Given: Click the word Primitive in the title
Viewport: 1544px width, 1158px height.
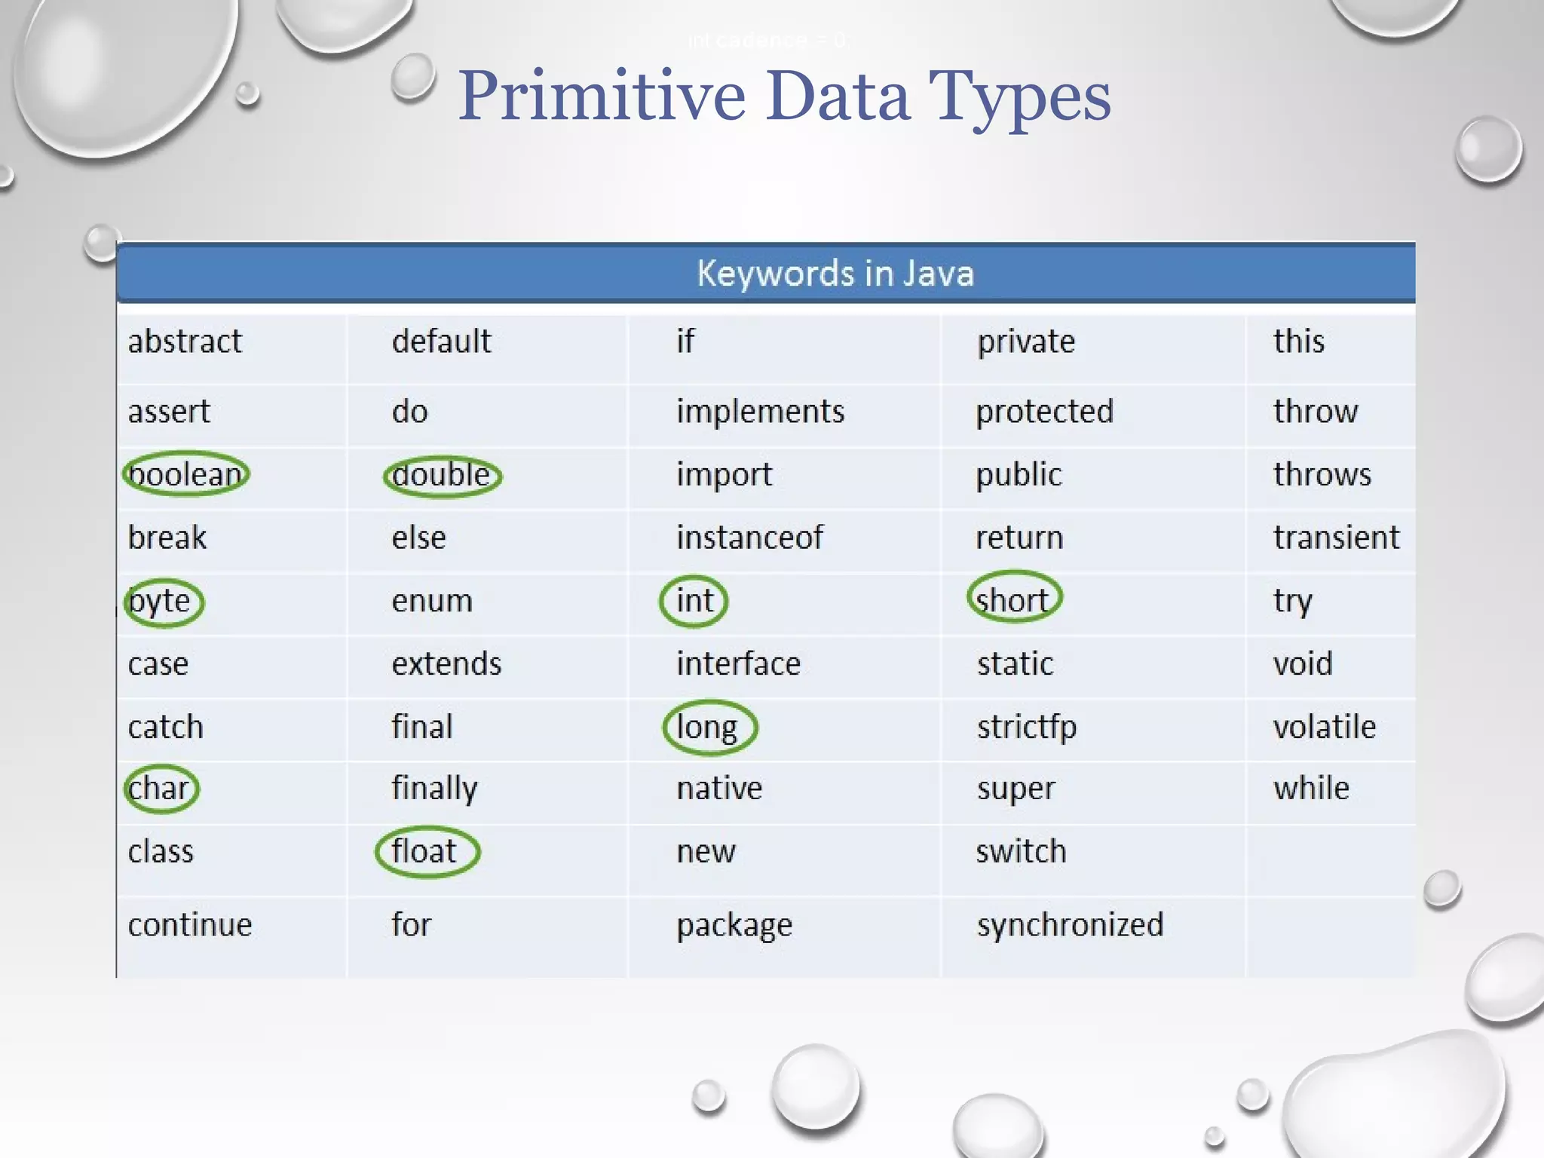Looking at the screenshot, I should tap(602, 96).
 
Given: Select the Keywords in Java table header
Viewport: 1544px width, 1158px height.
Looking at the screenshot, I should tap(835, 273).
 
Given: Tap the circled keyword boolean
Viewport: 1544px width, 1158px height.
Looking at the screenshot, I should tap(185, 475).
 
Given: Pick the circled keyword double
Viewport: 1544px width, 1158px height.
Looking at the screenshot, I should tap(442, 476).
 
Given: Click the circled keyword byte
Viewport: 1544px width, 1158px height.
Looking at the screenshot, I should tap(163, 602).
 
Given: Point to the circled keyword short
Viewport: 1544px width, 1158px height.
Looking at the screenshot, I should tap(1013, 600).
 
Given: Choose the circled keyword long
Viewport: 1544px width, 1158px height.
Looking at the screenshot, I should tap(708, 728).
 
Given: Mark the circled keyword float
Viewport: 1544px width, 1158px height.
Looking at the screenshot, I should tap(426, 852).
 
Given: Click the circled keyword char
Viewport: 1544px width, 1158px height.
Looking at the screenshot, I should tap(161, 789).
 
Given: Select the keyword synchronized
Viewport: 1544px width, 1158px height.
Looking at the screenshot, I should tap(1070, 925).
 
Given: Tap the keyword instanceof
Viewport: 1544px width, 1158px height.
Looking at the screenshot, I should tap(749, 538).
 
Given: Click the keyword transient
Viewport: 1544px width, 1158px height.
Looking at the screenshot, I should tap(1336, 538).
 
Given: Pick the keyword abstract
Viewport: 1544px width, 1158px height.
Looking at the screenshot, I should tap(185, 342).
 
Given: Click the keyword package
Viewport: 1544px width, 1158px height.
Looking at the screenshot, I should tap(734, 925).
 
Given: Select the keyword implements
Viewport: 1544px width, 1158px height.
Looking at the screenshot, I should tap(760, 412).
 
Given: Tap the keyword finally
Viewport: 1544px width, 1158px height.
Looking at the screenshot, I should tap(434, 789).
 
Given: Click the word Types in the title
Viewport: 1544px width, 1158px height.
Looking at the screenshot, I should tap(1019, 96).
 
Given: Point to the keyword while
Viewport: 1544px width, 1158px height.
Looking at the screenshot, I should tap(1311, 789).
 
